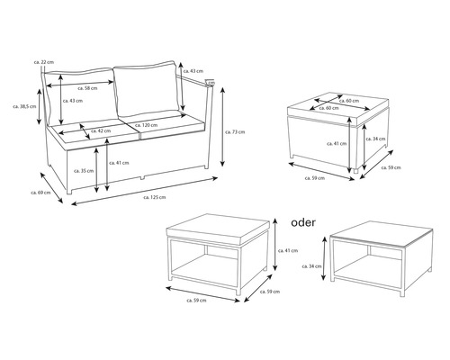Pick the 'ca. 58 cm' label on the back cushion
click(88, 88)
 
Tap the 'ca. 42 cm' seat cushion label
click(102, 132)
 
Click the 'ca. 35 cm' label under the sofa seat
click(86, 170)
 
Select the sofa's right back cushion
click(151, 90)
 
